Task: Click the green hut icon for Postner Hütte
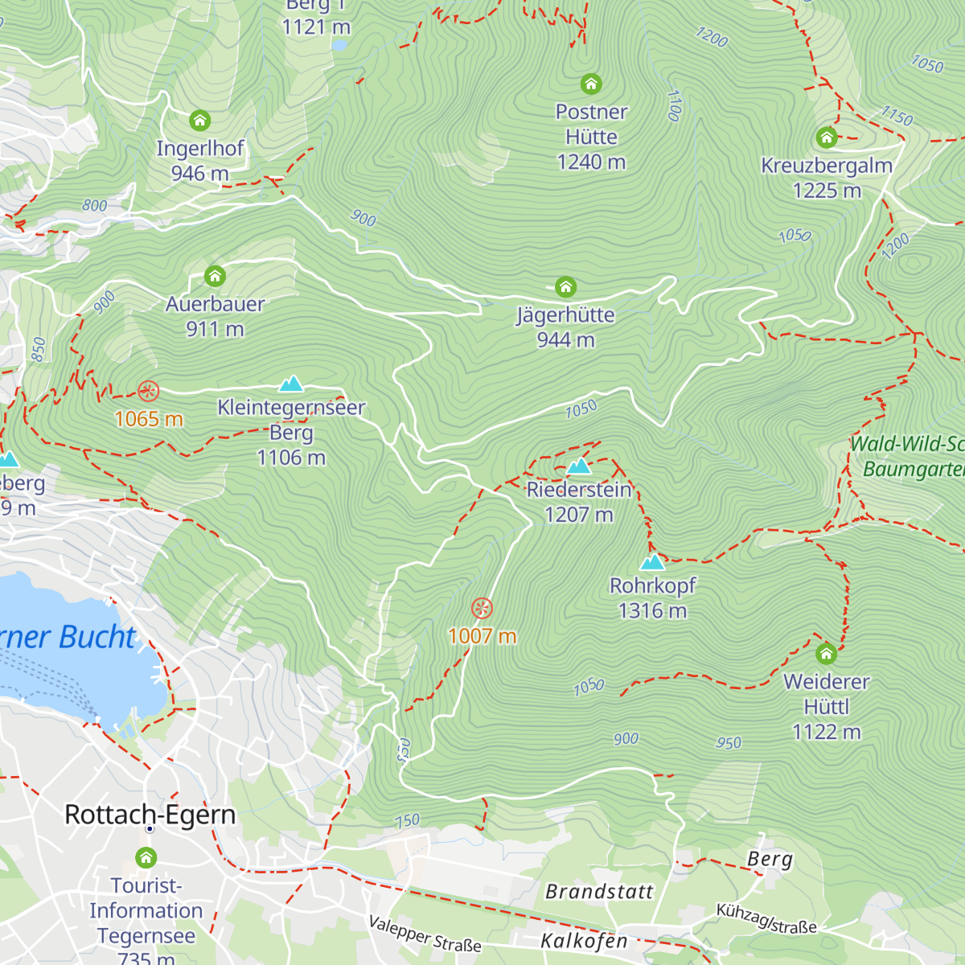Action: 591,84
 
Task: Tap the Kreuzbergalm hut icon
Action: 827,138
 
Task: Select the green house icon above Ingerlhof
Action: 199,121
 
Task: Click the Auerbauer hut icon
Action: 215,276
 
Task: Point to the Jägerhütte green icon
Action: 565,287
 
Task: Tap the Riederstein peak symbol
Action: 578,466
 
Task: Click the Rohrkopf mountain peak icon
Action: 652,561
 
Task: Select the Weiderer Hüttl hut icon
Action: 826,653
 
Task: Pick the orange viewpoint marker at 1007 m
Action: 482,608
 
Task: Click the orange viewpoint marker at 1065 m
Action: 148,392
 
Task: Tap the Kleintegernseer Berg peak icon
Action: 291,384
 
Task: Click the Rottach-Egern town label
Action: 150,814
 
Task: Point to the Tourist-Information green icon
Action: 146,857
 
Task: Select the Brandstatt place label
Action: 599,891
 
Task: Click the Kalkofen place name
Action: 584,940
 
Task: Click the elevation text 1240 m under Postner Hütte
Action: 591,162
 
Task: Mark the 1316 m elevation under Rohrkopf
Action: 652,610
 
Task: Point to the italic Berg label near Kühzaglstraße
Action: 770,859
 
